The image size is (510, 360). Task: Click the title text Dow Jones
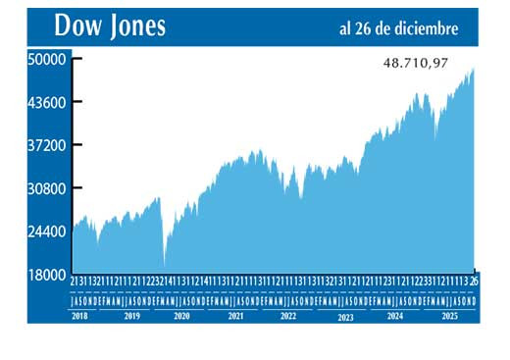coord(110,26)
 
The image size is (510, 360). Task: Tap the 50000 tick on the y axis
coord(46,59)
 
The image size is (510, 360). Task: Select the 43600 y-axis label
coord(46,102)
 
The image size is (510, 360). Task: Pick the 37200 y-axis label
coord(46,145)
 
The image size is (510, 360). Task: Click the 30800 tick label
coord(46,188)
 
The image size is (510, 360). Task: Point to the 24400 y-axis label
coord(46,231)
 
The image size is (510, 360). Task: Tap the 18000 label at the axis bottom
coord(46,275)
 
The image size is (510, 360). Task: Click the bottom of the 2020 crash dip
coord(165,263)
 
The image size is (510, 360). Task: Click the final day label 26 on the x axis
coord(475,282)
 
